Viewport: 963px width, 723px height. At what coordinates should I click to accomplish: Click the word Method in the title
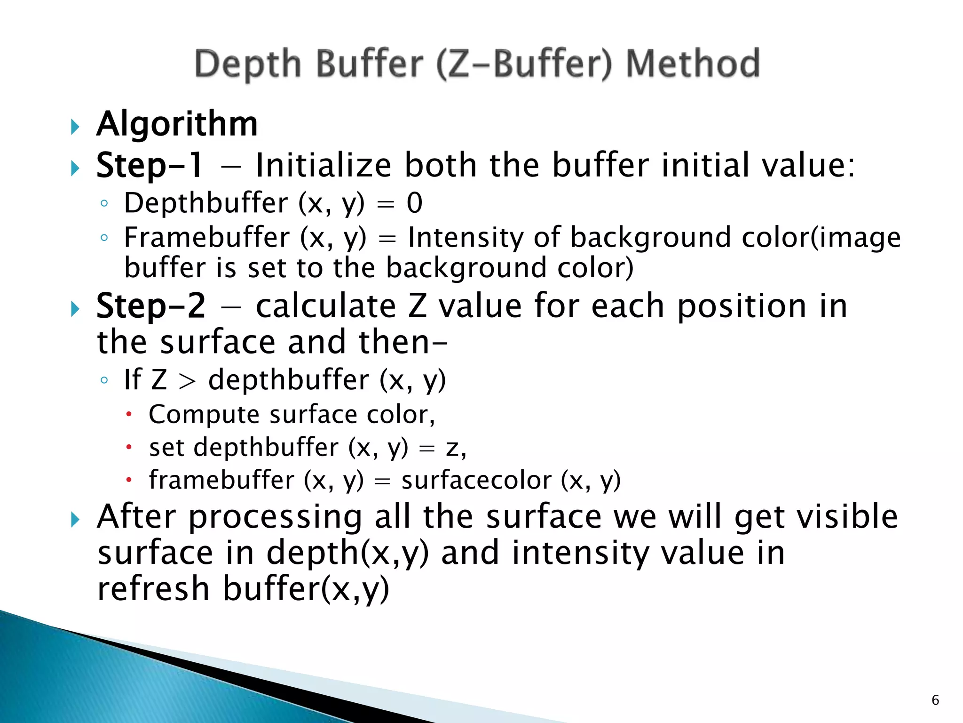point(693,64)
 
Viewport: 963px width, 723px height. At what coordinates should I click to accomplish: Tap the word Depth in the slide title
point(248,64)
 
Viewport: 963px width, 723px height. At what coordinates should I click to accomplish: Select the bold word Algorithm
point(177,124)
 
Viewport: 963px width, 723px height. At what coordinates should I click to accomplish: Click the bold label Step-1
point(150,165)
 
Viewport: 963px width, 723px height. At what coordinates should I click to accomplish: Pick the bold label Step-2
point(150,306)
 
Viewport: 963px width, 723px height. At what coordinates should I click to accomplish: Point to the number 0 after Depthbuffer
point(414,203)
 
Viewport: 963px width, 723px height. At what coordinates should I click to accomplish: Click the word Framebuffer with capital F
point(207,237)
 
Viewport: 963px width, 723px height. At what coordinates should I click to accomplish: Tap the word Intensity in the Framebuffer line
point(465,237)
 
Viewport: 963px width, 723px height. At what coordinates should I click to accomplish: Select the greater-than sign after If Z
point(187,381)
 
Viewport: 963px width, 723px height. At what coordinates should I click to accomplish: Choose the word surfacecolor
point(476,481)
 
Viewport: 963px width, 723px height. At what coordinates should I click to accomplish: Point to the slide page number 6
point(935,700)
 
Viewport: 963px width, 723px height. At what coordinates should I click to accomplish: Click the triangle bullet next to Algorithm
point(75,126)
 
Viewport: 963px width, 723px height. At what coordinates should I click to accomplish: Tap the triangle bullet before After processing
point(75,520)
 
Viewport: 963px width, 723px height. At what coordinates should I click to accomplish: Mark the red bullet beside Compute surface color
point(129,415)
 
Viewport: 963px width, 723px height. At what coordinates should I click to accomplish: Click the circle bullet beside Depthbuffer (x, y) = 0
point(104,204)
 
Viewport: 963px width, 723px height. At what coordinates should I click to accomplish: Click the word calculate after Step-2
point(326,306)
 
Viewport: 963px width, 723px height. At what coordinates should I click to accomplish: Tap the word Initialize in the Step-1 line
point(324,165)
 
